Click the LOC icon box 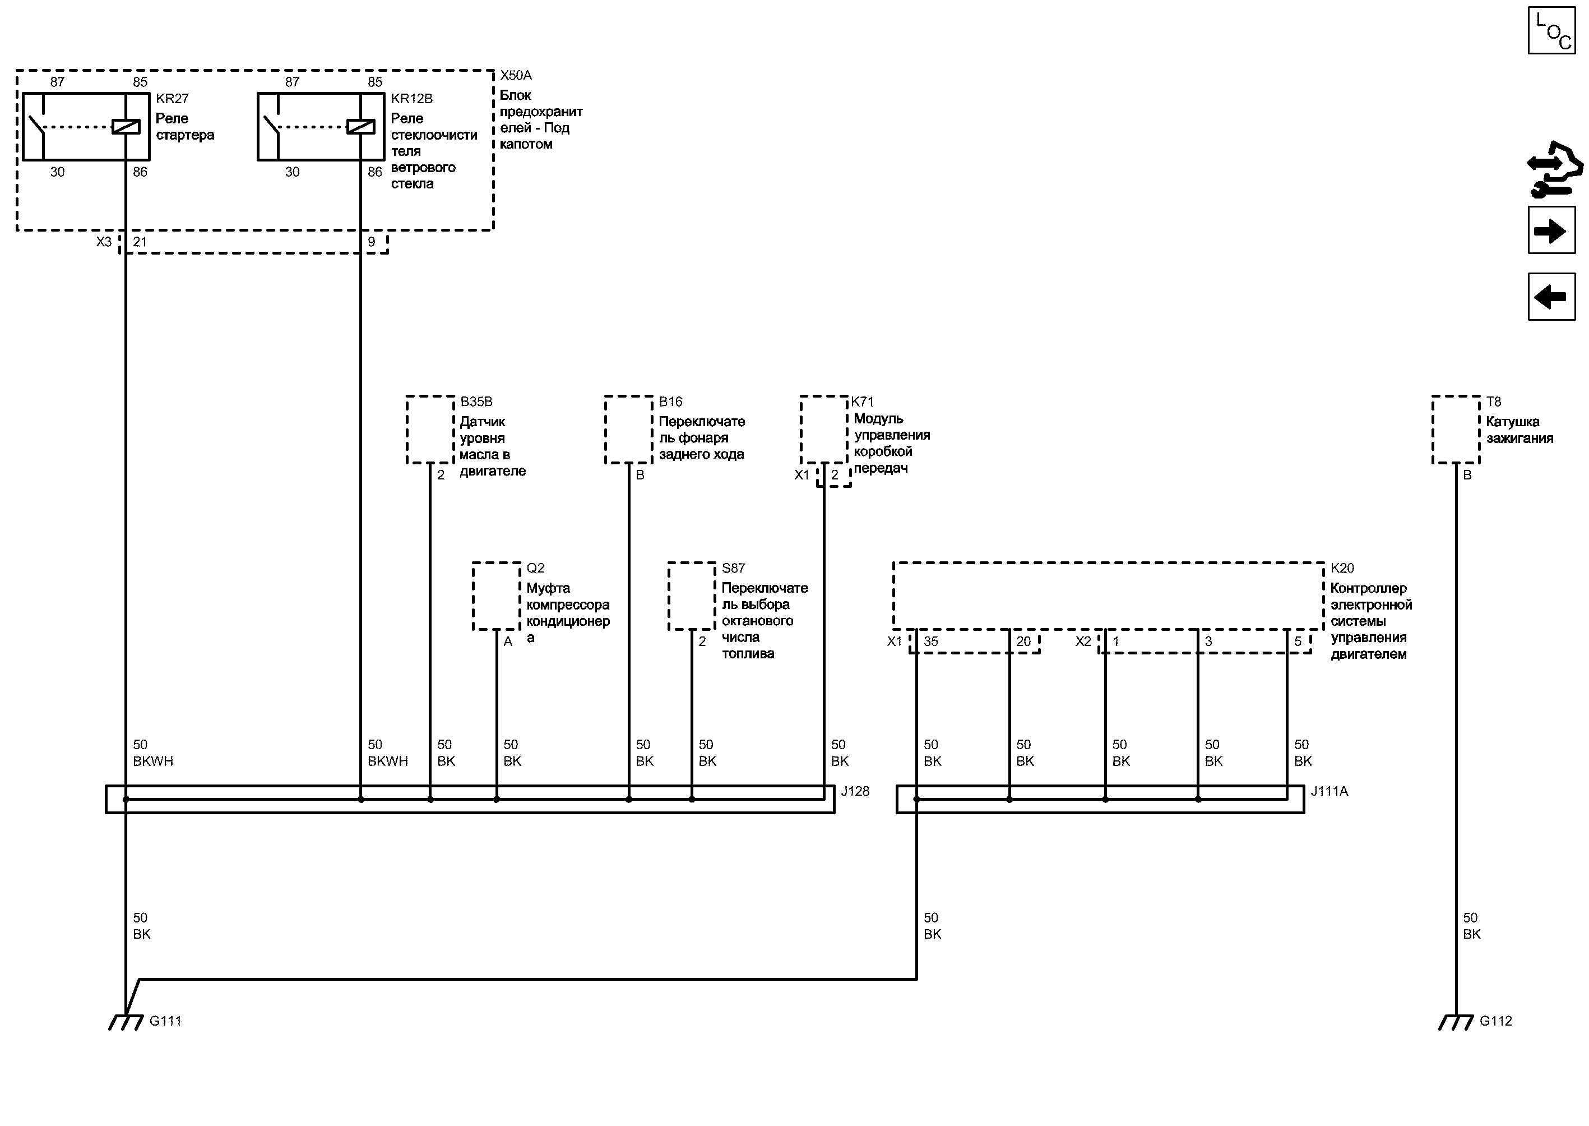(1551, 30)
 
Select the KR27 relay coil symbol (126, 127)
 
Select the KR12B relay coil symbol (360, 127)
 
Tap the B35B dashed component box (430, 429)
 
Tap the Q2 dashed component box (496, 596)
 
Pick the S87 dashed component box (692, 596)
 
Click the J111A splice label (1329, 791)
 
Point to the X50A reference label (516, 75)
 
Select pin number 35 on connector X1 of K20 (930, 642)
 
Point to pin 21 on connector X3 (140, 242)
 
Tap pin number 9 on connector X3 (372, 242)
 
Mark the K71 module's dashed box (824, 429)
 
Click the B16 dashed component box (628, 429)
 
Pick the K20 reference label (1342, 568)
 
